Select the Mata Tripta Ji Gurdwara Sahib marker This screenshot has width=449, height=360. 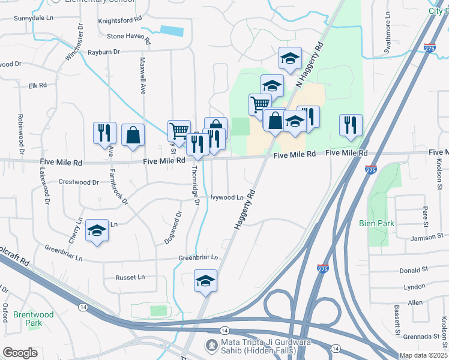point(211,345)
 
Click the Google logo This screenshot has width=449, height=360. point(20,352)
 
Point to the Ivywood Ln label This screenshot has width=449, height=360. point(227,197)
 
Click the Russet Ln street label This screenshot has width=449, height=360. point(133,277)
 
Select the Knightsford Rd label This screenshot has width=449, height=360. point(119,20)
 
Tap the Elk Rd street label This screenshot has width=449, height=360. point(37,86)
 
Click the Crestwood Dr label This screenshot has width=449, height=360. point(79,182)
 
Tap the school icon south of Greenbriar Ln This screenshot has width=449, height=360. point(205,281)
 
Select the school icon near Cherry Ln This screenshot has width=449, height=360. point(97,230)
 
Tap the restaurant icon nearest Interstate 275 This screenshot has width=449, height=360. point(351,125)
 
